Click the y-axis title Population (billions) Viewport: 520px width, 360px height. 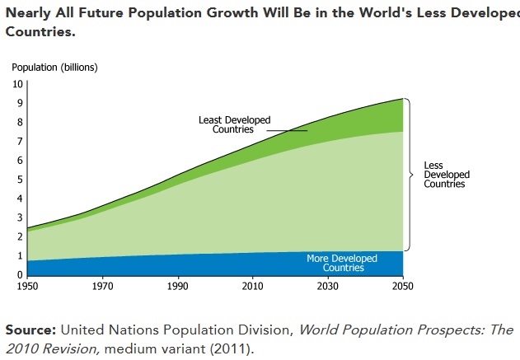[x=54, y=68]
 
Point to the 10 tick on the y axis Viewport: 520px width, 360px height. [x=17, y=84]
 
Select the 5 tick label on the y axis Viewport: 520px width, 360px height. [x=20, y=180]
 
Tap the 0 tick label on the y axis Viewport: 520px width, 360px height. [x=20, y=275]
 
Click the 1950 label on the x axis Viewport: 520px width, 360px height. [x=27, y=286]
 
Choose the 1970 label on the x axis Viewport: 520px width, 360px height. [x=102, y=286]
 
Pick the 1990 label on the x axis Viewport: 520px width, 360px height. [x=178, y=286]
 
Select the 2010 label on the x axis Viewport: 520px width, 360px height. [x=253, y=286]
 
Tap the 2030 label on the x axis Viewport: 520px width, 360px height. [x=328, y=286]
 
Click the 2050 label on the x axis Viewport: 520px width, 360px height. [x=403, y=286]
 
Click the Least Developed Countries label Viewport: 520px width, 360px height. [x=235, y=124]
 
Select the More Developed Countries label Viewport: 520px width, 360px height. [x=342, y=263]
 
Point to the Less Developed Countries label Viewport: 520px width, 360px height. [x=447, y=175]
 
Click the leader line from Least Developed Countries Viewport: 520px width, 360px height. [x=287, y=131]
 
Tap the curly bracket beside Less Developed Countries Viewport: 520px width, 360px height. [x=410, y=175]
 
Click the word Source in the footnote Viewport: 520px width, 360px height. [x=30, y=330]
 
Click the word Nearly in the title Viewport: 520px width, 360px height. [x=28, y=13]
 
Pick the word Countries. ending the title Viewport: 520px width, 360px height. [x=40, y=32]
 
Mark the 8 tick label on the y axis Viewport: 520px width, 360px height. [x=20, y=122]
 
